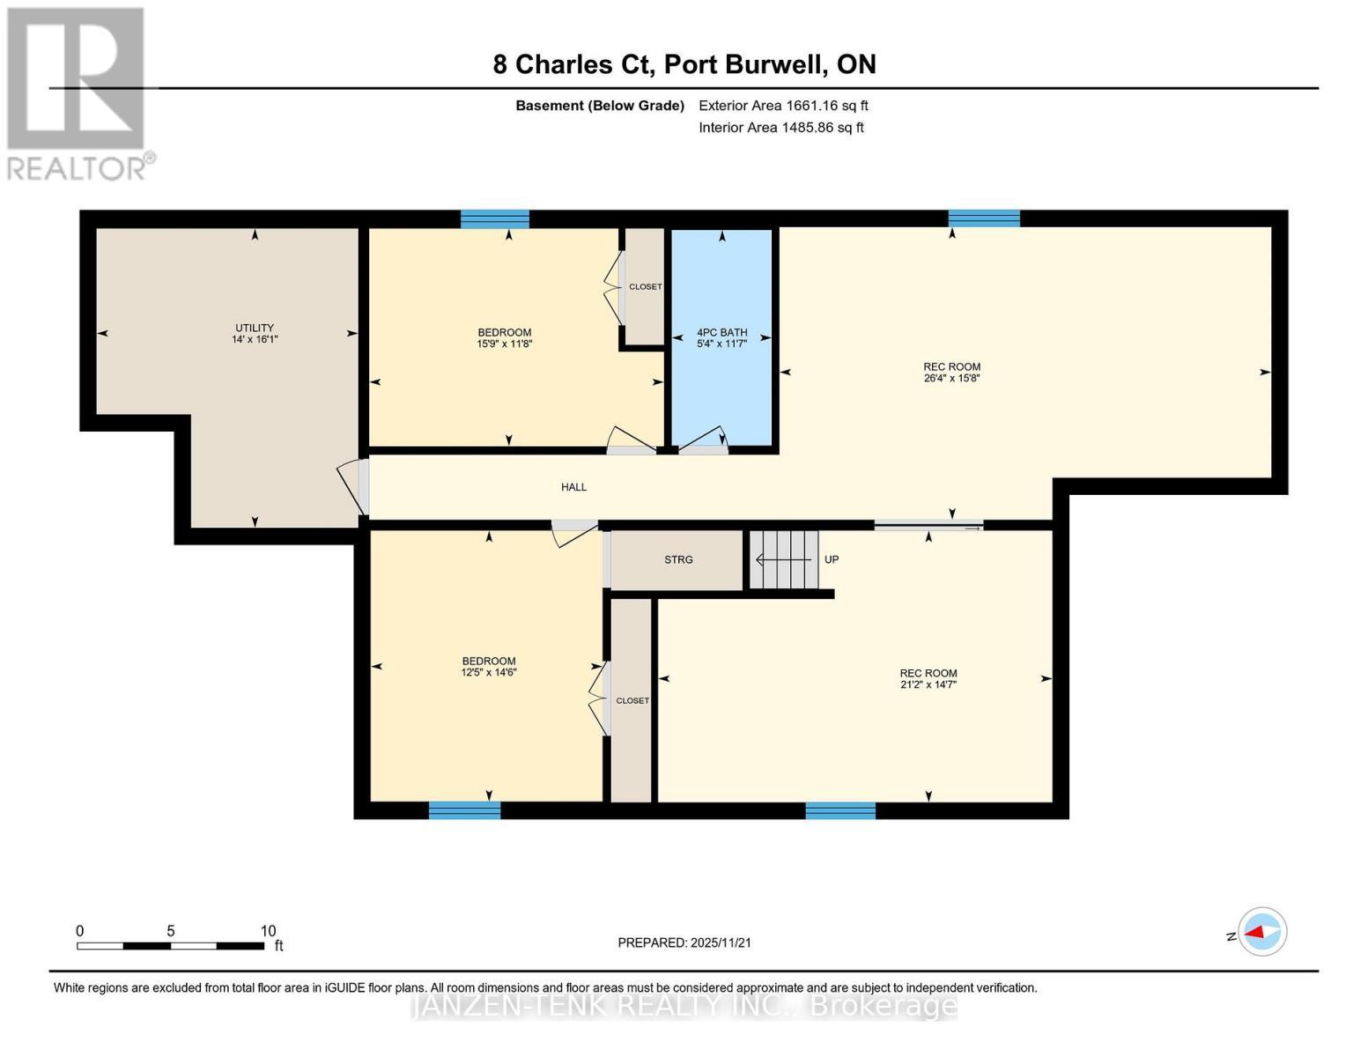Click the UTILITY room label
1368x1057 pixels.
[255, 328]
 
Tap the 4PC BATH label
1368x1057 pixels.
[721, 332]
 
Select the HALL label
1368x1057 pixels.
[573, 487]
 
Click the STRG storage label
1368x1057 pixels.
[678, 559]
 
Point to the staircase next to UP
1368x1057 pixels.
[784, 559]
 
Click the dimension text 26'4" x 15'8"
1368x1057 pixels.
[951, 378]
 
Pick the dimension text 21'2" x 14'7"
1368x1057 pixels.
[928, 684]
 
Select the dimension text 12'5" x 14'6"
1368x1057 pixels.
[489, 672]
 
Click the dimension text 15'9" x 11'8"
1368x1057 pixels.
[505, 344]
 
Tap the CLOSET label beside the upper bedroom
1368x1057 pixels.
[645, 287]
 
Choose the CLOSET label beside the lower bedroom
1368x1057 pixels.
[632, 701]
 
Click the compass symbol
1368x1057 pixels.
[1261, 931]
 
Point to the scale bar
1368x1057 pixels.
[170, 945]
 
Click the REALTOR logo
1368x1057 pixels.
[78, 92]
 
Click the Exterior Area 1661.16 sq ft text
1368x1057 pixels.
[783, 106]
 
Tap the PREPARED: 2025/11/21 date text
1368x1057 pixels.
[684, 942]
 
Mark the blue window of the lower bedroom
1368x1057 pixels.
[464, 810]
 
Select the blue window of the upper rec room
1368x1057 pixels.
[984, 218]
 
